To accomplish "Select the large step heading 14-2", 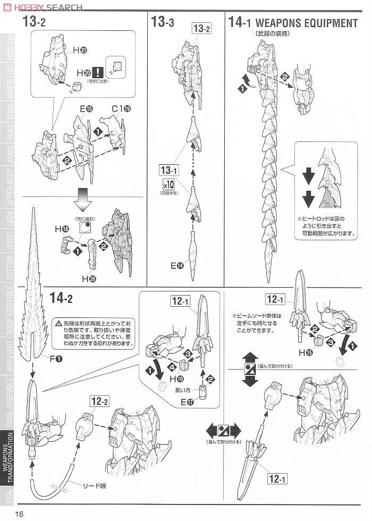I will [x=61, y=298].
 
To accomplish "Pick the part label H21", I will [x=80, y=49].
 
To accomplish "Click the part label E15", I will [x=86, y=109].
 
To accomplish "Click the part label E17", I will [x=188, y=403].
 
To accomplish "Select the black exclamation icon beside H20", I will [x=97, y=72].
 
